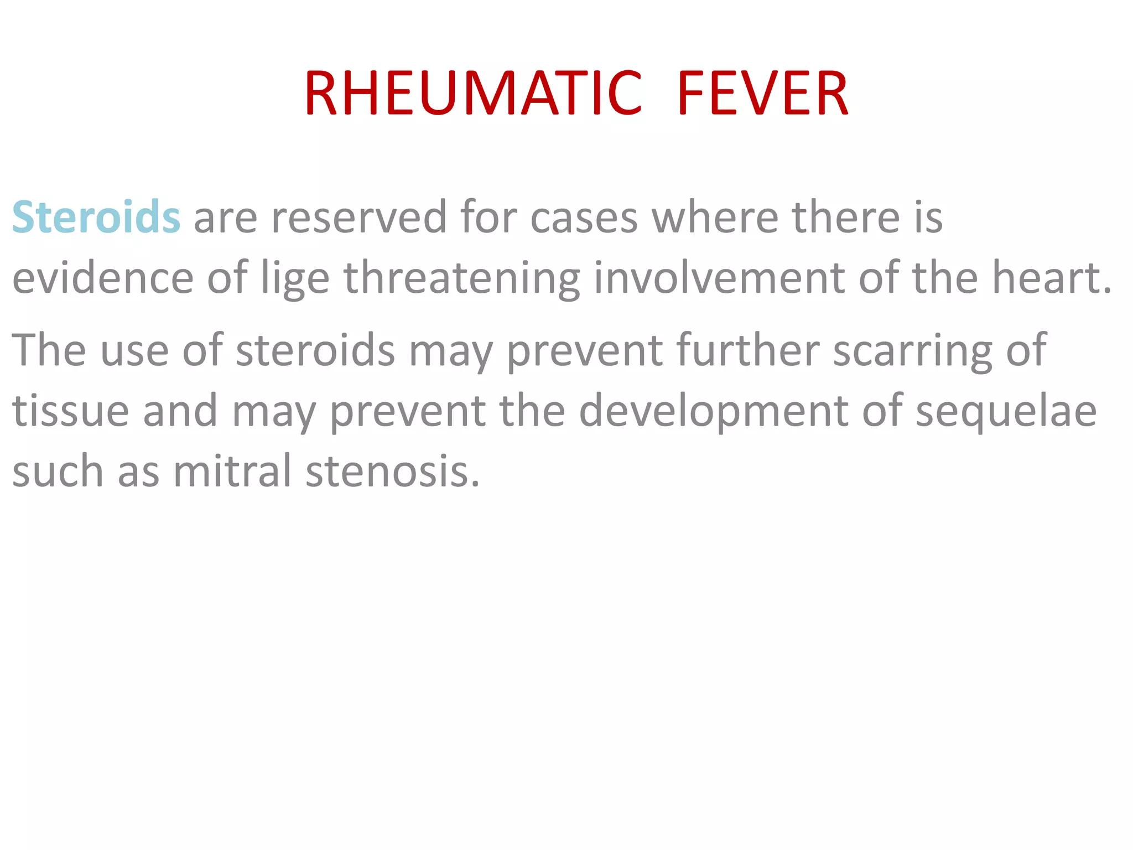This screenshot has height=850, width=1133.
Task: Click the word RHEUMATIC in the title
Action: coord(473,94)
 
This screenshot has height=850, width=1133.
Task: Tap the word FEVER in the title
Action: coord(762,94)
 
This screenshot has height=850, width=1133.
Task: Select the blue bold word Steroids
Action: coord(96,217)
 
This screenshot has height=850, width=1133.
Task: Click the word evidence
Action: coord(103,278)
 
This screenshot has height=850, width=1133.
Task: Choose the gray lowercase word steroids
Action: coord(315,350)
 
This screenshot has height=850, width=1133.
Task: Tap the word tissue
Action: coord(71,411)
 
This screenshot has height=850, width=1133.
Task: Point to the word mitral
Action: coord(232,471)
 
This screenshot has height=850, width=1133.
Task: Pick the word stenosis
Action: coord(392,471)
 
